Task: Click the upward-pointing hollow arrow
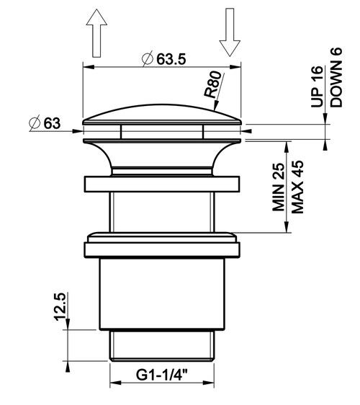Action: tap(96, 33)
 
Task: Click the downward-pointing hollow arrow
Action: tap(230, 32)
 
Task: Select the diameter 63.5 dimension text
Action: tap(164, 59)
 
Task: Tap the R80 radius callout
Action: tap(212, 84)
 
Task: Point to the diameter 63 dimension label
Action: tap(45, 123)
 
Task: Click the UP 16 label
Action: tap(317, 86)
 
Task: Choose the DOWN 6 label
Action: tap(336, 77)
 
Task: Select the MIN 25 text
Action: tap(279, 187)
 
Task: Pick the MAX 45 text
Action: tap(297, 187)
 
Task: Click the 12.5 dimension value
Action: tap(60, 306)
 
